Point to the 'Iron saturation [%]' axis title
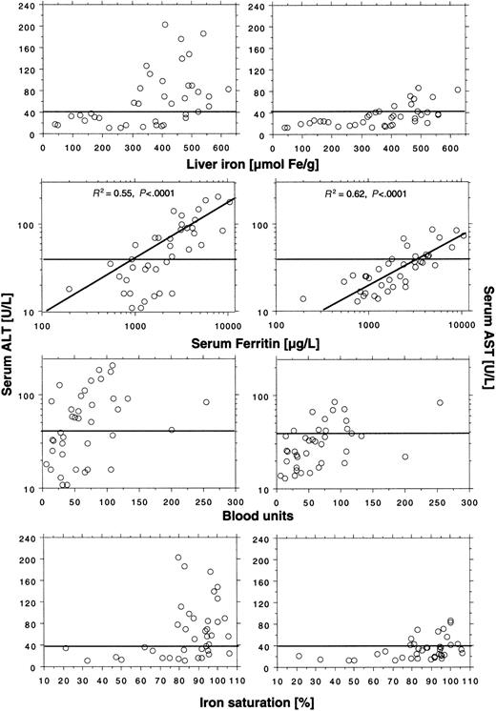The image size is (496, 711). (249, 702)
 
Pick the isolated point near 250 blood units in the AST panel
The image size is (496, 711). (440, 403)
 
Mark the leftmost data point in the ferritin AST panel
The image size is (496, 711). (303, 298)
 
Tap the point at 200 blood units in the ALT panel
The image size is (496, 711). (172, 430)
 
